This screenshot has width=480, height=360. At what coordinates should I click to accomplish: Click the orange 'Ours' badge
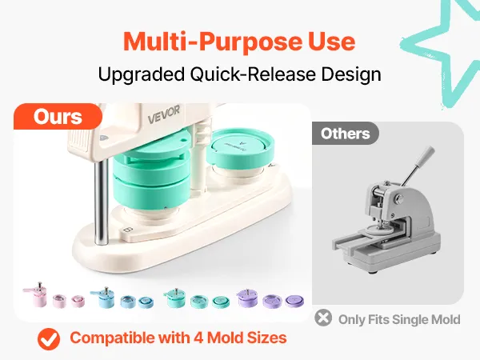point(58,116)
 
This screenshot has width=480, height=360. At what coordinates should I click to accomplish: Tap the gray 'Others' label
point(346,134)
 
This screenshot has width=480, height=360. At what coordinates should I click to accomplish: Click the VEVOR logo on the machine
point(164,114)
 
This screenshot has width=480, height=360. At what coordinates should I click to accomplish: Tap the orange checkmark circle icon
point(49,339)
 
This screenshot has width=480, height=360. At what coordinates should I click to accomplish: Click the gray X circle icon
point(323,318)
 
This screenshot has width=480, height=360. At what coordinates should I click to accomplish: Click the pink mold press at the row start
point(36,294)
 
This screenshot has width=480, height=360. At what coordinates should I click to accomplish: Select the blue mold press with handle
point(103,297)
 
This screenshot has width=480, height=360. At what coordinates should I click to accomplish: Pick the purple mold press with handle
point(247,298)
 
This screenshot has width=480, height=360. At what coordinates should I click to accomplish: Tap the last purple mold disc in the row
point(294,302)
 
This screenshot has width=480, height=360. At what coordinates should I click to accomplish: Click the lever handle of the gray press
point(418,166)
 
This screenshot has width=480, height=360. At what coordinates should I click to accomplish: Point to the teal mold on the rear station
point(240,147)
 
